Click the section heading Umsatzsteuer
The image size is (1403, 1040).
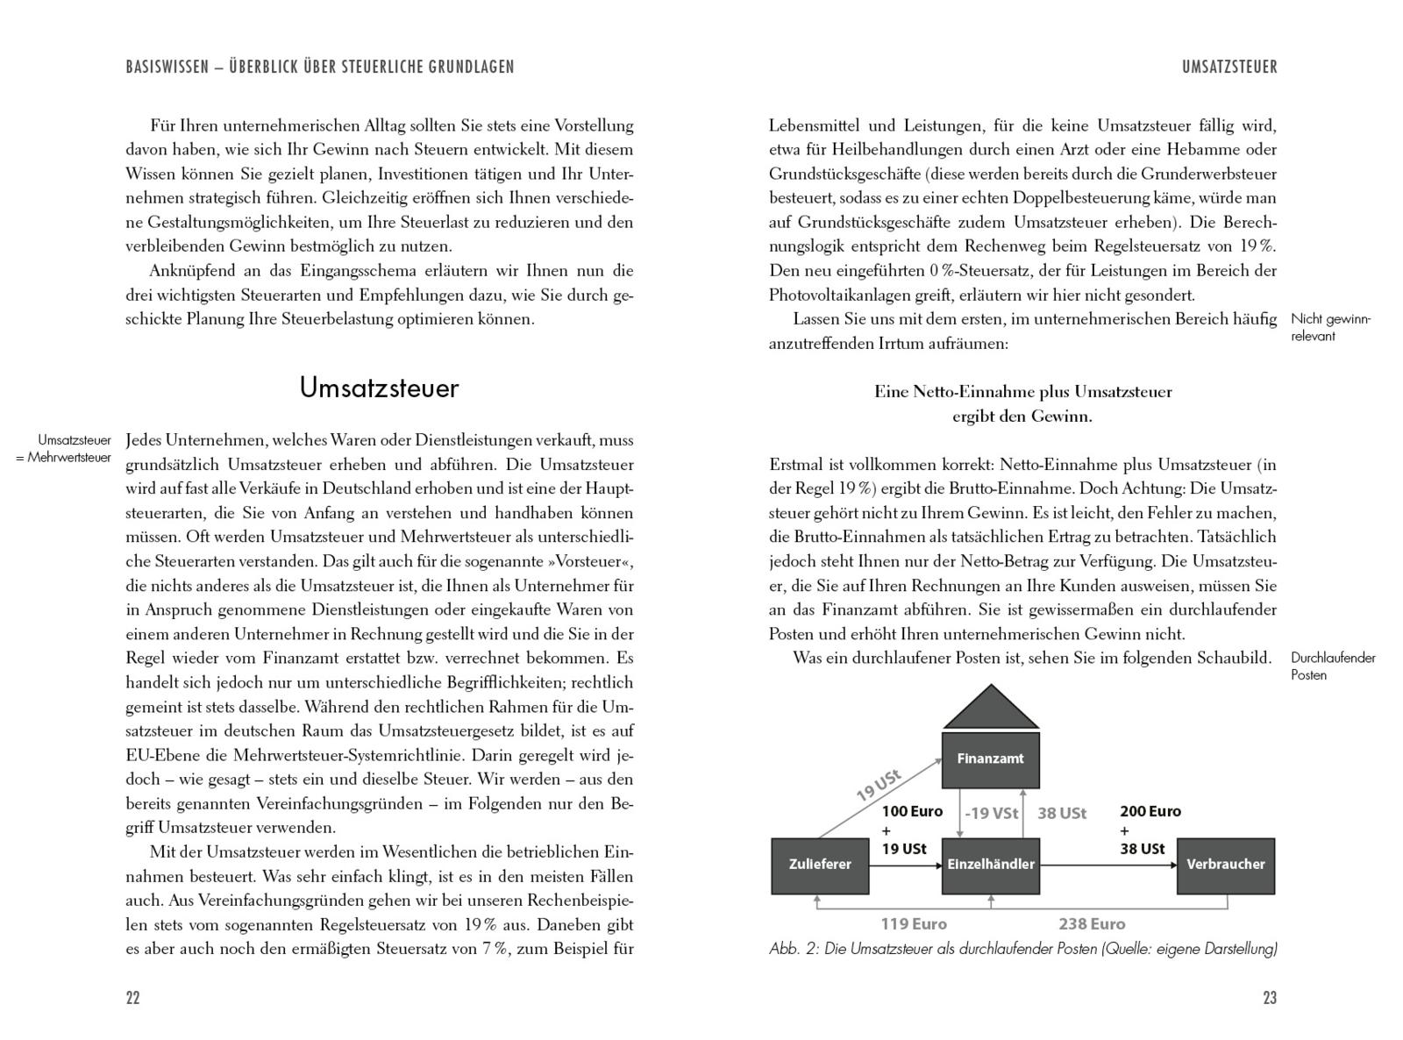(379, 388)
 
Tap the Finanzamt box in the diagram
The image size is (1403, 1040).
(990, 759)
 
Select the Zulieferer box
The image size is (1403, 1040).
(820, 865)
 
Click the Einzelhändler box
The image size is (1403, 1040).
(990, 865)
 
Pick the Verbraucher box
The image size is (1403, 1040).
(1225, 865)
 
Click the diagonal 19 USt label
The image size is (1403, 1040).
(879, 786)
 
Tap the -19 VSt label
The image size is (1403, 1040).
(991, 813)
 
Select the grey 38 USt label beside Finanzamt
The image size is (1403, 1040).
(1062, 813)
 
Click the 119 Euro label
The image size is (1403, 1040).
(914, 923)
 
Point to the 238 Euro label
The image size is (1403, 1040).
(1092, 923)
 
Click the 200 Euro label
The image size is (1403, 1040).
(1150, 811)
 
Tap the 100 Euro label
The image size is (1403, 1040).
(912, 811)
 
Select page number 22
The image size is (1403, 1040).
(133, 998)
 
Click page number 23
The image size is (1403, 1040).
(1270, 998)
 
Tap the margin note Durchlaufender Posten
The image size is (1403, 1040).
(1333, 666)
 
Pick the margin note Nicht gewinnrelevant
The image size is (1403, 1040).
(1330, 327)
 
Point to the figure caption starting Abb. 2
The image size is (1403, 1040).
(1022, 949)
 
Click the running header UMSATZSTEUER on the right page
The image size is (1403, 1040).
(1229, 67)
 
